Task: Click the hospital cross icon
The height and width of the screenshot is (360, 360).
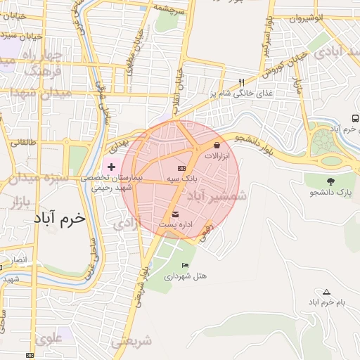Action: [x=111, y=167]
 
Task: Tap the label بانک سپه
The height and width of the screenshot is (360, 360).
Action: [x=180, y=180]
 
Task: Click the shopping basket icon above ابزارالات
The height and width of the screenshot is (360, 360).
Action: [x=216, y=146]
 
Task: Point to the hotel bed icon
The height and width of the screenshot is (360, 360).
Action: [x=185, y=265]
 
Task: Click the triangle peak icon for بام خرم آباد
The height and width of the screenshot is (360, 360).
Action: [x=326, y=292]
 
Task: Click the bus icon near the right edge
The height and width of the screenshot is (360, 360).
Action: [x=355, y=118]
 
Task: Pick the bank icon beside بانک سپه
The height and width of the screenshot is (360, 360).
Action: [x=181, y=169]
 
